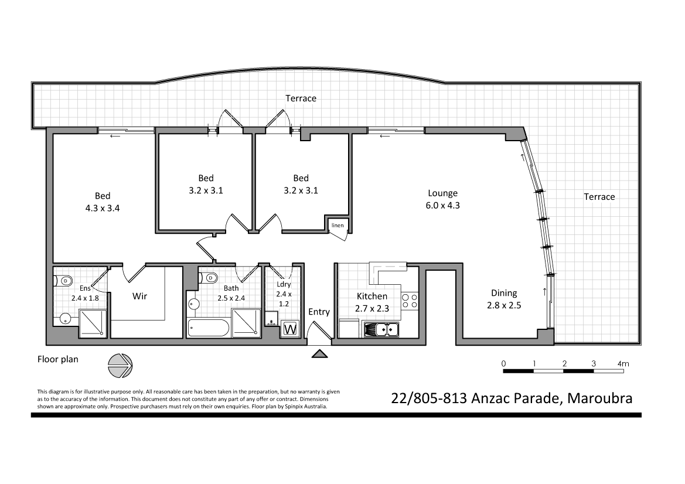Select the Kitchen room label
pos(372,296)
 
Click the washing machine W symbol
pos(290,329)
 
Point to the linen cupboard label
pos(338,226)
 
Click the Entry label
pos(319,312)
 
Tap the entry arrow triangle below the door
pos(319,353)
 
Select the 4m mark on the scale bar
pos(623,364)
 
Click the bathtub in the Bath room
pos(209,328)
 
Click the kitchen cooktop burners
pos(410,301)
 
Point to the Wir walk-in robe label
pos(139,296)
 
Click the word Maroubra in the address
pos(599,399)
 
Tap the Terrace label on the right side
pos(599,197)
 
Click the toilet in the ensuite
pos(64,280)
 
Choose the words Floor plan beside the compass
pos(57,359)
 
